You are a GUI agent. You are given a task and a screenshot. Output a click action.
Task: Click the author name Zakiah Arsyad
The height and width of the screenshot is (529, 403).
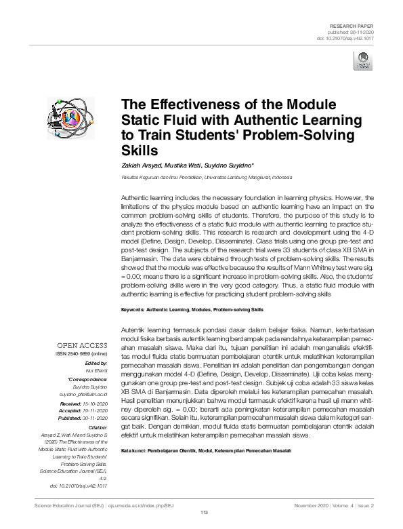tap(140, 165)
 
